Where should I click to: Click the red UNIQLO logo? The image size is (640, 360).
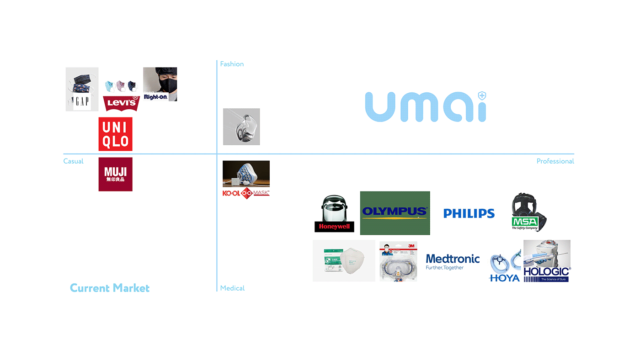pos(115,134)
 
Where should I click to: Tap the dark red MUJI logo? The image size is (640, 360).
pos(115,174)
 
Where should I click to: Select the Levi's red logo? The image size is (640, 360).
pos(121,103)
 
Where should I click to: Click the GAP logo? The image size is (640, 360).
pos(82,101)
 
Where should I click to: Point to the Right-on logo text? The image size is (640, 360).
pos(155,97)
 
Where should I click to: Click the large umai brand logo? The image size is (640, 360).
pos(425,107)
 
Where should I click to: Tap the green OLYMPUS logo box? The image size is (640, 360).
pos(395,213)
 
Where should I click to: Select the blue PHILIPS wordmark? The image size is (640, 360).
pos(469,213)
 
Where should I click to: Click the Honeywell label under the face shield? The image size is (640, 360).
pos(334,227)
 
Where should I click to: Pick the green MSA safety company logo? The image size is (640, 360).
pos(525,223)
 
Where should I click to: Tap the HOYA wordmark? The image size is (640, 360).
pos(504,278)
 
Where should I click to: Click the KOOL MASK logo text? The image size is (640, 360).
pos(246,193)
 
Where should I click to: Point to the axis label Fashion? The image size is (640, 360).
pos(232,64)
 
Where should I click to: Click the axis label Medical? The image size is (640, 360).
pos(232,288)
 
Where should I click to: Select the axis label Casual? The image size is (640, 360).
pos(73,161)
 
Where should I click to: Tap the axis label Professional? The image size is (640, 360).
pos(555,161)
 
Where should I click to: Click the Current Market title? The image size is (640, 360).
pos(110,288)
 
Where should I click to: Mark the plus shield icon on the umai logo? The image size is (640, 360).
pos(482,96)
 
